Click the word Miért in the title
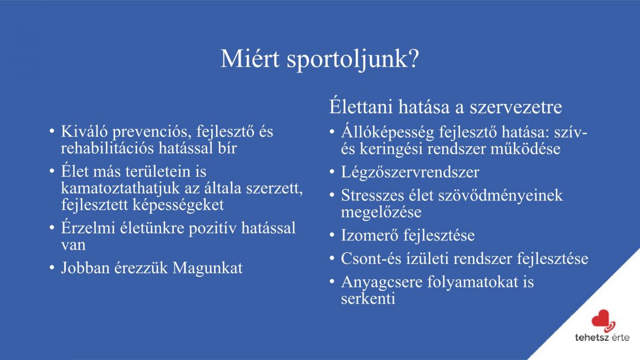click(x=250, y=59)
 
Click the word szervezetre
click(x=516, y=107)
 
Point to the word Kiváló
click(x=84, y=131)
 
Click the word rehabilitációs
click(x=107, y=148)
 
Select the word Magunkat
click(x=207, y=268)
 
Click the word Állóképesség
click(x=387, y=132)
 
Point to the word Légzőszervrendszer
click(x=410, y=172)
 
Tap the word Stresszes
click(x=373, y=196)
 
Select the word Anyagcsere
click(x=382, y=282)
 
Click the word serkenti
click(x=368, y=298)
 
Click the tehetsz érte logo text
click(x=602, y=337)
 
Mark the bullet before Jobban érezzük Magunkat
click(x=52, y=268)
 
